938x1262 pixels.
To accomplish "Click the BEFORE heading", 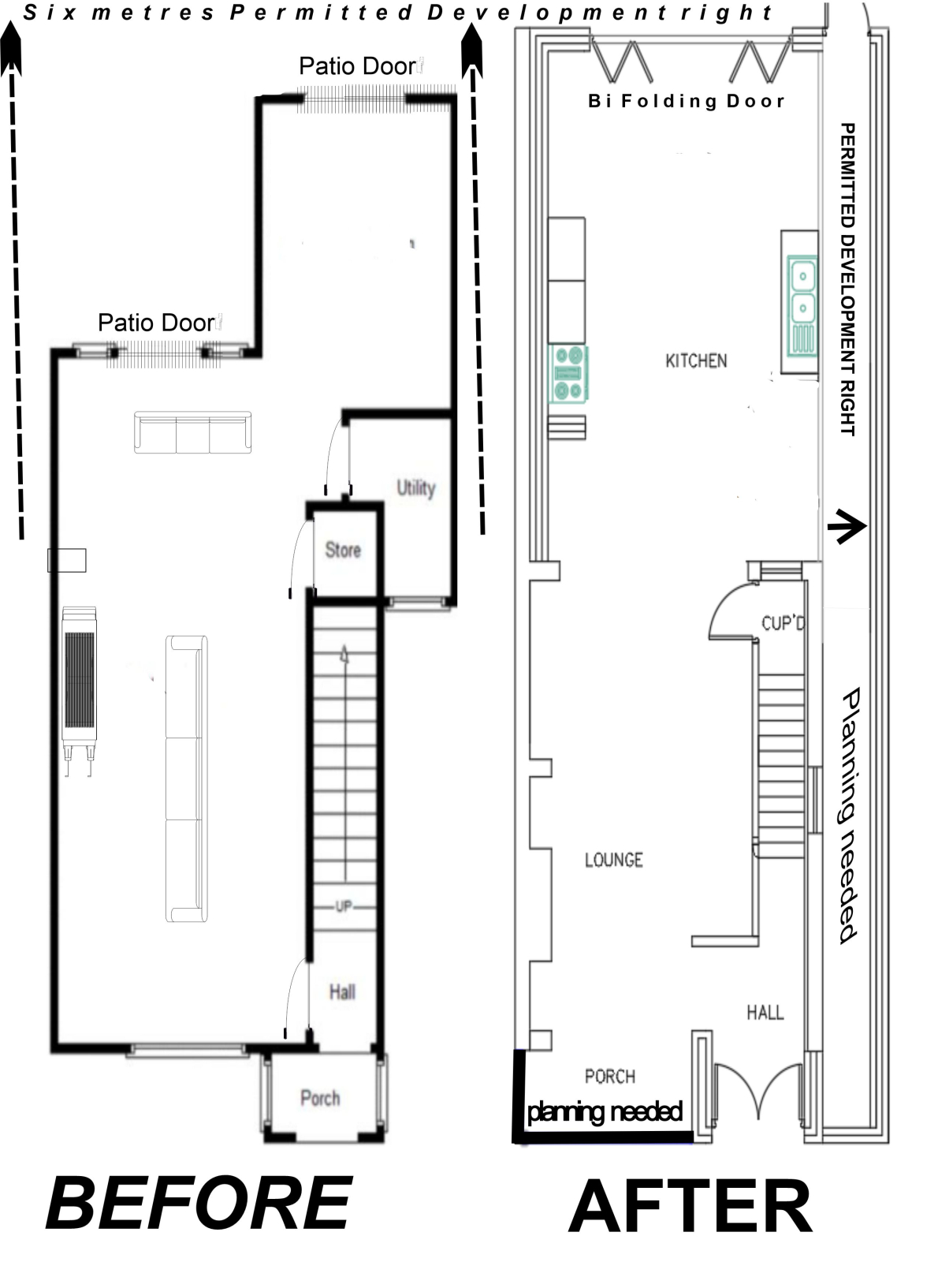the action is point(199,1204).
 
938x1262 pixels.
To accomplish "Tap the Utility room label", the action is point(416,488).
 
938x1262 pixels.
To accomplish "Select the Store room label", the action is point(343,550).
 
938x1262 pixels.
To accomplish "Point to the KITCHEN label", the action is point(696,360).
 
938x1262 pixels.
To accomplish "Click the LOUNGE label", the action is point(614,860).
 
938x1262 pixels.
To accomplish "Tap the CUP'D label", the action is point(784,624).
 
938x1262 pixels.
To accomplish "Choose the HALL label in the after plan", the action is point(765,1012).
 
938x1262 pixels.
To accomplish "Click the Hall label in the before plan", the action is point(342,991).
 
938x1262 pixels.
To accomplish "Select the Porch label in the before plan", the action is point(320,1098).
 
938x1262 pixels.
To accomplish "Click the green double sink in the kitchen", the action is point(802,307).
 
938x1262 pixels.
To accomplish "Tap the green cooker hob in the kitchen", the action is point(569,375).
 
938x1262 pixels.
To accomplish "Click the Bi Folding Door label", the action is point(686,101).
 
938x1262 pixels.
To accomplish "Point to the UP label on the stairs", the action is point(344,905).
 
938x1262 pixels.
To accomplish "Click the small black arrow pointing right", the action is point(847,526).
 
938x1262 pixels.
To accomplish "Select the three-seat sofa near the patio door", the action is point(193,432).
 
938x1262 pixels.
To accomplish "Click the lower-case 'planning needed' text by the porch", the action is point(605,1111).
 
